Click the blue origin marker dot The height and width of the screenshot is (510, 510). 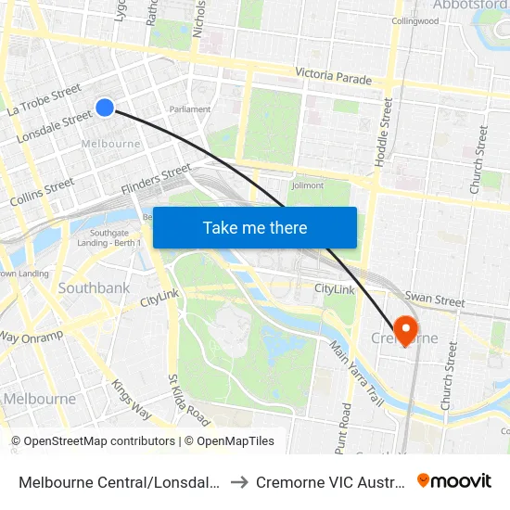[105, 108]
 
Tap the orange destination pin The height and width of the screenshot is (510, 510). [405, 328]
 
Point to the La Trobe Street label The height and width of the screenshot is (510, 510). [44, 101]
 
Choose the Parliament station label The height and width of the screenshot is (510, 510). [191, 109]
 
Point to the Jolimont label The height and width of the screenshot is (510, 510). [308, 185]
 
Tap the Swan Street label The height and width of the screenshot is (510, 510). [435, 300]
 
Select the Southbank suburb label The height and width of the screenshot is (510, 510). [94, 288]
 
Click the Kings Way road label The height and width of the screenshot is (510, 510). [131, 398]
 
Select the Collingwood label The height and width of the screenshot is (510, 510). [414, 20]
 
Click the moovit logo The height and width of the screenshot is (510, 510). [453, 480]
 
